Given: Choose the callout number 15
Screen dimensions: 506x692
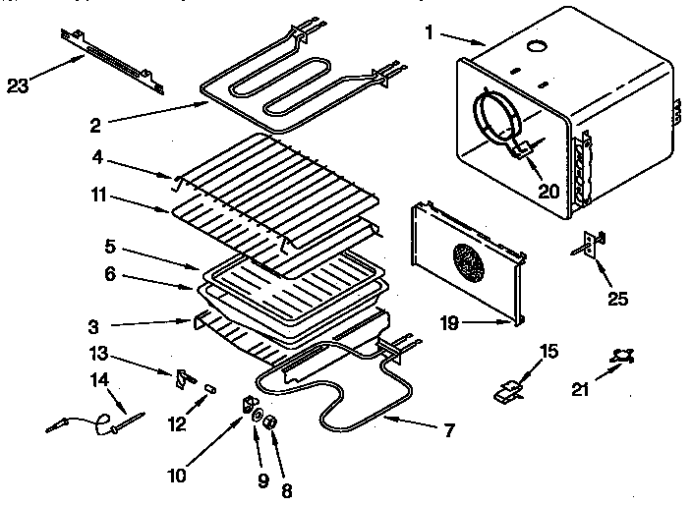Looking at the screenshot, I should pyautogui.click(x=548, y=350).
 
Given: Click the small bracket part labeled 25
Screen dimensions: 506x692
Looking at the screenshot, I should pyautogui.click(x=590, y=243).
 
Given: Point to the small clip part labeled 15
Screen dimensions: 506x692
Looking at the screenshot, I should pyautogui.click(x=506, y=393).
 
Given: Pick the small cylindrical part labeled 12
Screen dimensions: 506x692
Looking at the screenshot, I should pyautogui.click(x=208, y=389).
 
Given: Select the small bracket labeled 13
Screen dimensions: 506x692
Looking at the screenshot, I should pyautogui.click(x=184, y=376).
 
